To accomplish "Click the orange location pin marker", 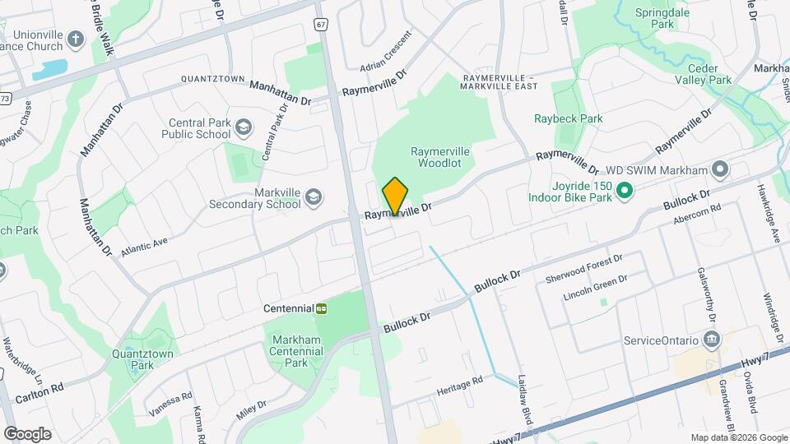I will coord(395,197).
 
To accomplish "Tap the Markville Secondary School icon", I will coord(313,197).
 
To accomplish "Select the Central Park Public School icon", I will coord(244,127).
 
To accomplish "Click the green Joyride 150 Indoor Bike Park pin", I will coord(624,192).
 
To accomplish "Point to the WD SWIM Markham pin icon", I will coord(721,170).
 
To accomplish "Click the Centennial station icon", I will coord(322,308).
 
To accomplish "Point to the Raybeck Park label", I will coord(568,118).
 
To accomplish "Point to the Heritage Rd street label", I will coord(459,385).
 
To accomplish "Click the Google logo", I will coord(27,433).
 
